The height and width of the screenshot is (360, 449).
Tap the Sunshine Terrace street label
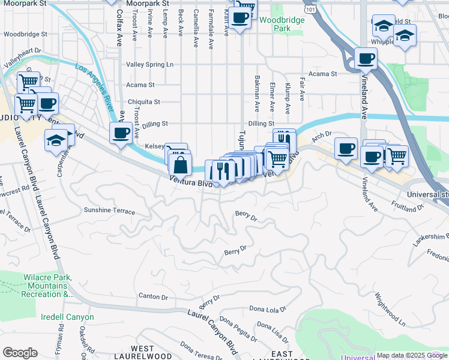(x=109, y=211)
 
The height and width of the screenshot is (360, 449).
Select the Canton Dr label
(x=153, y=296)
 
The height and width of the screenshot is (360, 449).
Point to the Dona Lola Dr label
(x=268, y=310)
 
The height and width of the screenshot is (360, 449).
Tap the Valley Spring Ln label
(x=149, y=64)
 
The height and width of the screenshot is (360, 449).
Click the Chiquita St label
(x=143, y=103)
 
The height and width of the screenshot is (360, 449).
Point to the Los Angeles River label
(x=94, y=88)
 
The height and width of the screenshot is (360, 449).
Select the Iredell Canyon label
(x=67, y=317)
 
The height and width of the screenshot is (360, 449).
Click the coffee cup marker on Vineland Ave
(x=365, y=59)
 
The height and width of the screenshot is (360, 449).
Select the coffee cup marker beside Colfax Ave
(x=121, y=132)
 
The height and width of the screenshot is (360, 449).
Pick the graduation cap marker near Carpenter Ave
(x=56, y=142)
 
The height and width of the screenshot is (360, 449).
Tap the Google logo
(x=20, y=353)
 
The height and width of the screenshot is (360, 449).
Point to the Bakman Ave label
(x=257, y=94)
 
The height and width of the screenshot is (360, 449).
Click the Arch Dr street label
(x=322, y=136)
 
